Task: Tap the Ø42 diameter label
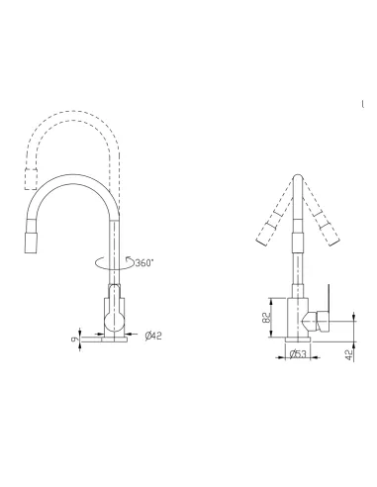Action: [x=153, y=337]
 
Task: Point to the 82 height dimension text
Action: [x=266, y=317]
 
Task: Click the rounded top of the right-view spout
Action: [x=296, y=181]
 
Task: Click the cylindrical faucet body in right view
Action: [x=295, y=317]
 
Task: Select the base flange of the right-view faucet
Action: [x=296, y=341]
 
